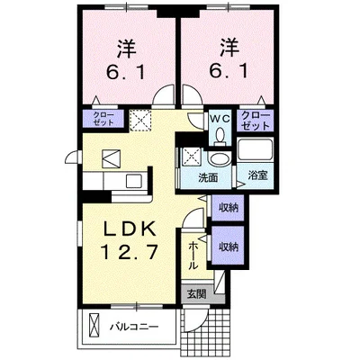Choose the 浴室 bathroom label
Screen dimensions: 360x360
click(x=258, y=175)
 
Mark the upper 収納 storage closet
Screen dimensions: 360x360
click(x=229, y=208)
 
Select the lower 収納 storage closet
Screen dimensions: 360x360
click(x=229, y=246)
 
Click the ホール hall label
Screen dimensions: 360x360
click(x=194, y=256)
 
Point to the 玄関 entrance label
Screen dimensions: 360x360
click(x=195, y=293)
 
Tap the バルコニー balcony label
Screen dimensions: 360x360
click(x=135, y=325)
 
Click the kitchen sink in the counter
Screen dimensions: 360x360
click(x=132, y=182)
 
